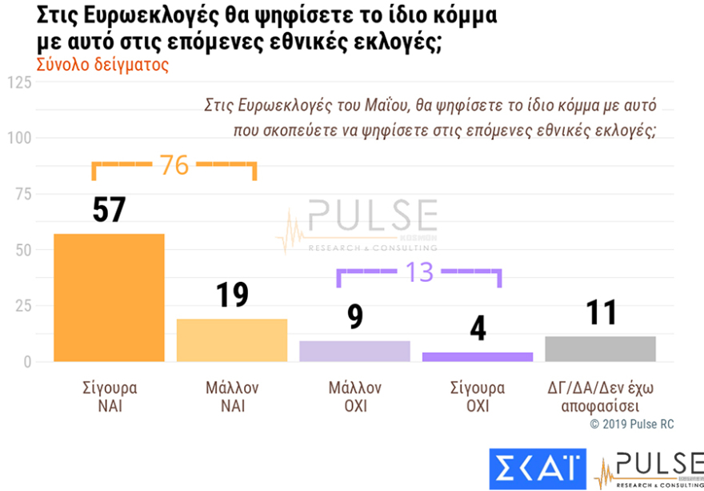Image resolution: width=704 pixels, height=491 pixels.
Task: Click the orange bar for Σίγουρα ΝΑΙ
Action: pyautogui.click(x=109, y=297)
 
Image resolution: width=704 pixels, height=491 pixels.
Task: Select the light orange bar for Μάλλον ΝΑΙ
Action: pyautogui.click(x=231, y=340)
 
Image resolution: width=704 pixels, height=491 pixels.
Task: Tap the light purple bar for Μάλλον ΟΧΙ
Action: pyautogui.click(x=354, y=351)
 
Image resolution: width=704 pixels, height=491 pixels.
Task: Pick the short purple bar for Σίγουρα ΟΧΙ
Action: pyautogui.click(x=478, y=356)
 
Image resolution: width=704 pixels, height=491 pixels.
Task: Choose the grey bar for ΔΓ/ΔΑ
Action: pyautogui.click(x=601, y=348)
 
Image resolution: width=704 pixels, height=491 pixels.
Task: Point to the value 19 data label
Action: pyautogui.click(x=232, y=295)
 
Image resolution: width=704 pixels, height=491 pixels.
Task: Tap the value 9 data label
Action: pyautogui.click(x=355, y=316)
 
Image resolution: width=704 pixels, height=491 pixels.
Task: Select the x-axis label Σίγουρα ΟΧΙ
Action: pyautogui.click(x=478, y=396)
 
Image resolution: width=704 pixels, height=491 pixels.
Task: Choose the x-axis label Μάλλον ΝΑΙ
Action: pyautogui.click(x=231, y=396)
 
